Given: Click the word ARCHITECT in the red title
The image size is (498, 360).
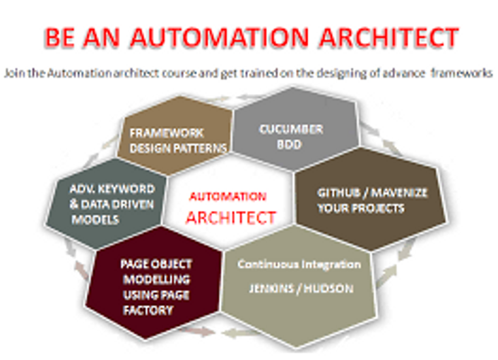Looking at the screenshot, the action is tap(389, 37).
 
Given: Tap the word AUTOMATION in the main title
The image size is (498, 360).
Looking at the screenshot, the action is tap(220, 37).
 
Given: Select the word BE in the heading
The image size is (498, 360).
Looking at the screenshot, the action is tap(60, 37).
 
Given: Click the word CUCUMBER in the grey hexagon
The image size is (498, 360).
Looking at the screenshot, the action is tap(291, 129).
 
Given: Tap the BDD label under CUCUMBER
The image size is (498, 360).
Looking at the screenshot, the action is tap(289, 145).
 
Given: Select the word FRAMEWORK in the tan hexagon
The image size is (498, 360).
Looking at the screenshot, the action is tap(167, 133).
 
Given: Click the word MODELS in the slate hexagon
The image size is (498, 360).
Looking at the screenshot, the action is tap(95, 220).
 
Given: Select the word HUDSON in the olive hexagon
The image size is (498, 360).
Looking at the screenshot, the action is tap(328, 289).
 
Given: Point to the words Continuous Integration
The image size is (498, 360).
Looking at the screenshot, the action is tap(299, 265).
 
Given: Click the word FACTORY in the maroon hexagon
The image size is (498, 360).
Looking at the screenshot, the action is tap(148, 310).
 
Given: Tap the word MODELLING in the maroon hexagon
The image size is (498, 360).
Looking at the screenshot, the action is tap(156, 280).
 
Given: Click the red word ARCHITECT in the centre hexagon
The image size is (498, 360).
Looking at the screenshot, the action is tap(230, 218).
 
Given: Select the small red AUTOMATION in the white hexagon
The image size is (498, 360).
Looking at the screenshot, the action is tap(227, 196).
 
